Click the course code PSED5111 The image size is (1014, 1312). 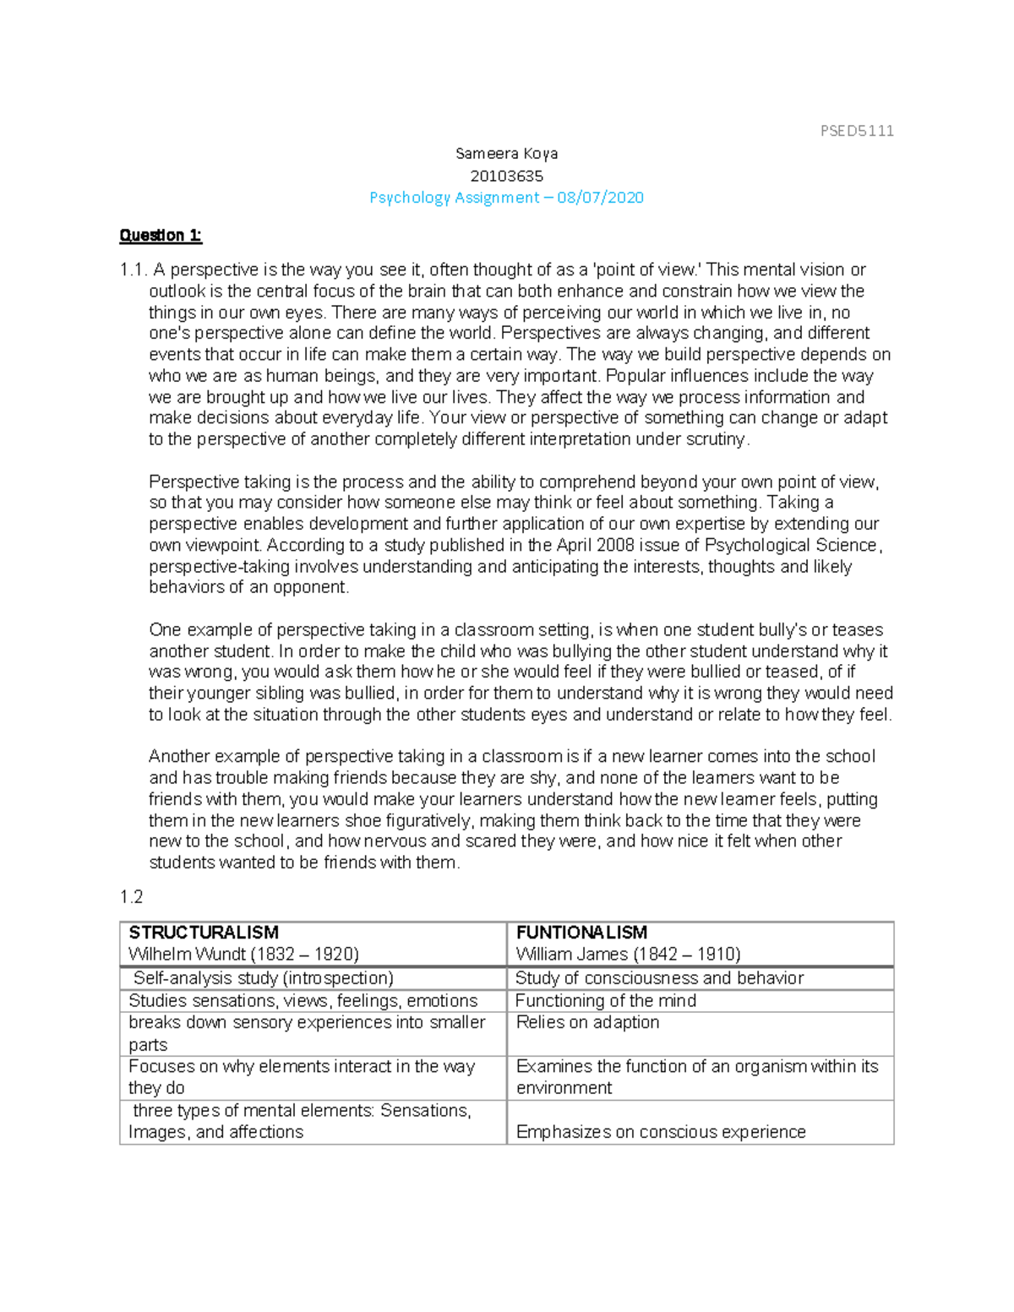[857, 131]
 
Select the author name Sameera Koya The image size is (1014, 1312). [506, 154]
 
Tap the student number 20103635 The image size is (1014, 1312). [506, 176]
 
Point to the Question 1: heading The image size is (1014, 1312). [161, 236]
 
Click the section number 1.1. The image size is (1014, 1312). [133, 270]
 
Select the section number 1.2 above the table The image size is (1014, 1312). [132, 897]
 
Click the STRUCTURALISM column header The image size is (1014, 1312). [204, 933]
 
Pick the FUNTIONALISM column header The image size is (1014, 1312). [581, 933]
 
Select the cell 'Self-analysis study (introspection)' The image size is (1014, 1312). [263, 978]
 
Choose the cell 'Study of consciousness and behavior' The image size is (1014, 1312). [659, 978]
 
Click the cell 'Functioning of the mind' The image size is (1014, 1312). [606, 1001]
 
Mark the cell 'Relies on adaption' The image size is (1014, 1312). [587, 1023]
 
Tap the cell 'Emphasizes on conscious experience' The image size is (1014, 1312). [661, 1132]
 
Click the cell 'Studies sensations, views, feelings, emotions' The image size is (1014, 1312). [303, 1001]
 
